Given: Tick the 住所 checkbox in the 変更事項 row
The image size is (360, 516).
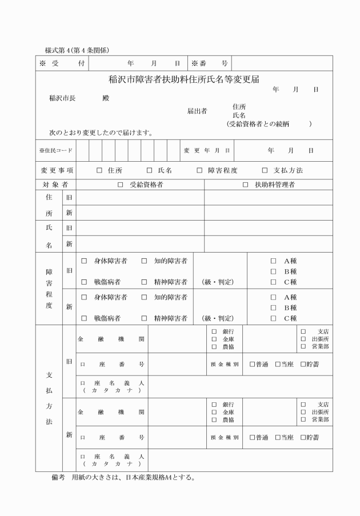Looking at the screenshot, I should [x=99, y=170].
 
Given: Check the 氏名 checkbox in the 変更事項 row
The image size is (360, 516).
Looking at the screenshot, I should [x=150, y=170].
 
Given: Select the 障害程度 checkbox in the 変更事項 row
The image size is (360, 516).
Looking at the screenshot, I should [x=200, y=170].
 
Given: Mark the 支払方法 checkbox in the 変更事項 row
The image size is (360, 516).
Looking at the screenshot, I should [x=265, y=170].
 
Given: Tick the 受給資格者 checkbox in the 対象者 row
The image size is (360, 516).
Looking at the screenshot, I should [x=121, y=185].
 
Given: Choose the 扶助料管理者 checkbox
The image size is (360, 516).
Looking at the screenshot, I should [x=246, y=185].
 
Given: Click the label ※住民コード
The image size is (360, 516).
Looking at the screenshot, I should [x=56, y=151].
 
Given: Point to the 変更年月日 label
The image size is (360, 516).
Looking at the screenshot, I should [x=206, y=151].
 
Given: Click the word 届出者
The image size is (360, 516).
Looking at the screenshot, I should [x=197, y=111].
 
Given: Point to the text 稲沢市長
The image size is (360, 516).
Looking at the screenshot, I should [x=62, y=98].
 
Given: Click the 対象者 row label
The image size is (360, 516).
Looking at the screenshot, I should [x=55, y=185].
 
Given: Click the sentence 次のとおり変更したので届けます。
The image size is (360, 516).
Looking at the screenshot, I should [x=101, y=133].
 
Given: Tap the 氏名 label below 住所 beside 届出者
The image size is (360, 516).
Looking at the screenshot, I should [x=239, y=115].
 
